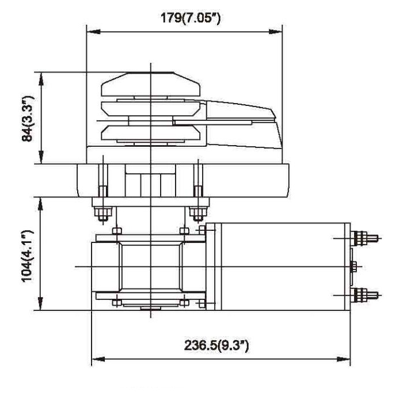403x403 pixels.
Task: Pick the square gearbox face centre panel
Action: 150,266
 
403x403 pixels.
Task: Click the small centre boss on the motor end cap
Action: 353,266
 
